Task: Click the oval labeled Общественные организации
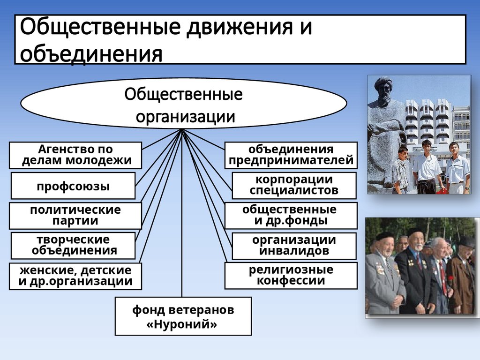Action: [x=183, y=103]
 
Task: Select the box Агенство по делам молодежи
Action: [x=75, y=156]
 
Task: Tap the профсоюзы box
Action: [x=73, y=186]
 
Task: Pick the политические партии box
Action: [x=75, y=215]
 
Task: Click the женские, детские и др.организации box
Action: [x=75, y=276]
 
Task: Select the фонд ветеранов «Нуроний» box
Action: [x=183, y=316]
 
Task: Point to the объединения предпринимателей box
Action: [x=291, y=156]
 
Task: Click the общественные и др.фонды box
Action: [x=291, y=215]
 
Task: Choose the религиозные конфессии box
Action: [x=291, y=275]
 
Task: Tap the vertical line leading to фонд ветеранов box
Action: [x=181, y=234]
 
